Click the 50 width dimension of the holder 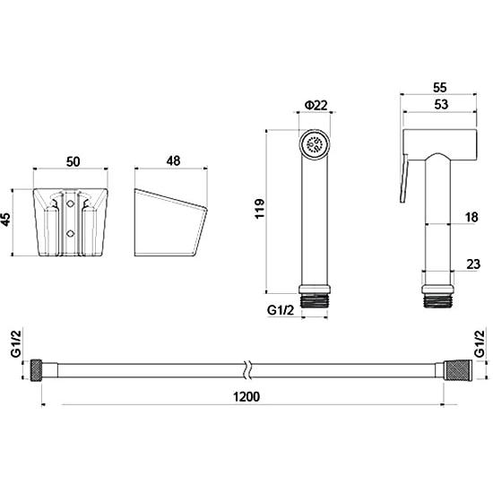73,162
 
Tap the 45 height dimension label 6,219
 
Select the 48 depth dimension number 174,161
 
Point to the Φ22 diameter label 316,106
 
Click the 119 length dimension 260,209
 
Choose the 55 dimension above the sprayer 439,88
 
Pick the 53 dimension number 441,104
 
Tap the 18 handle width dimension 471,217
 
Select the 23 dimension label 473,264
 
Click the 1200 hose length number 246,397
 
